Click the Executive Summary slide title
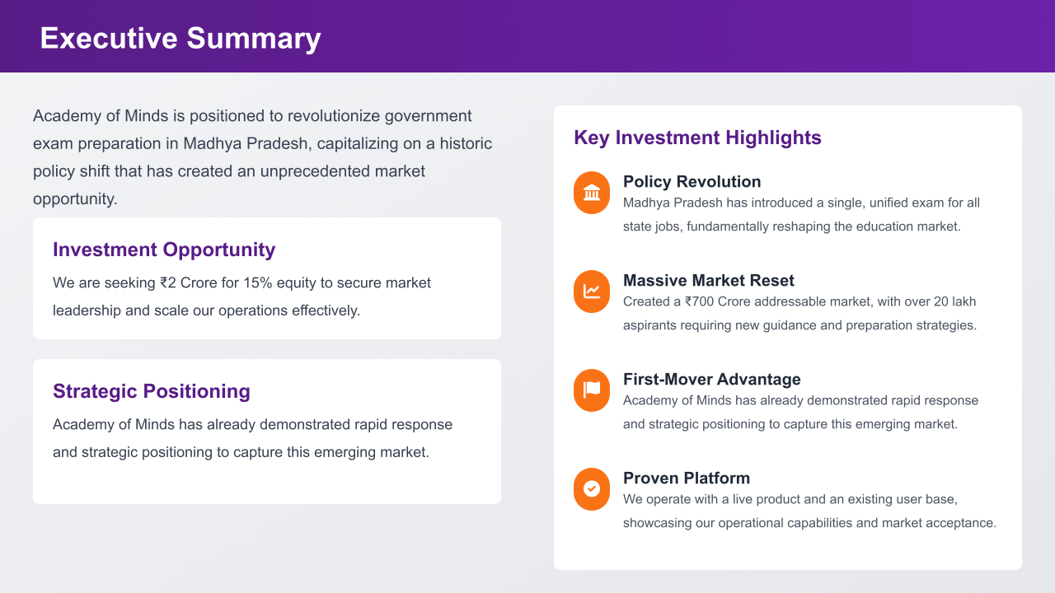point(181,39)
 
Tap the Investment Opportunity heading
point(164,250)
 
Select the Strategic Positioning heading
point(151,391)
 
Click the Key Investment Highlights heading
point(697,138)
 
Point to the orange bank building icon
point(592,193)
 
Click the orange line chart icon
point(592,292)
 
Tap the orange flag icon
point(592,390)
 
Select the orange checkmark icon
point(592,489)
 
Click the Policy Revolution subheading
point(692,182)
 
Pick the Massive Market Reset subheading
point(708,281)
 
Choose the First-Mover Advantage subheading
point(711,380)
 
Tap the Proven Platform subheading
point(687,479)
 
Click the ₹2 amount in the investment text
point(168,282)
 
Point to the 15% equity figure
point(258,282)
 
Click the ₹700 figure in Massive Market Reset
point(700,301)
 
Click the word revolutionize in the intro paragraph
point(333,116)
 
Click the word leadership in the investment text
point(87,311)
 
